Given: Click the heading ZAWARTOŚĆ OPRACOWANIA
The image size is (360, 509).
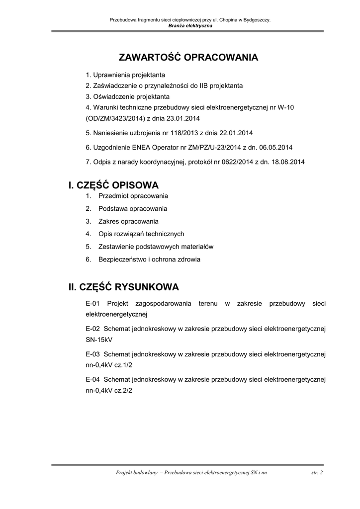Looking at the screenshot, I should tap(188, 57).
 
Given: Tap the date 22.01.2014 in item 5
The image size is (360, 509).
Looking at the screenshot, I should tap(237, 133).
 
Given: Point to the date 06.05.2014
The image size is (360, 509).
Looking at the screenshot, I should tap(275, 147).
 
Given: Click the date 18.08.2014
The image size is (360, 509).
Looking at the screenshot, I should tap(288, 162).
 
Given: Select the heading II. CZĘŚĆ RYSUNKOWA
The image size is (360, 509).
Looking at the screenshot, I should tap(124, 287).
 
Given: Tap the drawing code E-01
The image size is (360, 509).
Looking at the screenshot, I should tap(93, 303).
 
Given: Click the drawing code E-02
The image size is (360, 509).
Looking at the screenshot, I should tap(93, 329).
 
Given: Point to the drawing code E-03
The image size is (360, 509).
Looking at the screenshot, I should tap(93, 354).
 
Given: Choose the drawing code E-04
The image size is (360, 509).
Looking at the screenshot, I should tap(93, 379).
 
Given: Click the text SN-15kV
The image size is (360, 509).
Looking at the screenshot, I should tap(99, 340).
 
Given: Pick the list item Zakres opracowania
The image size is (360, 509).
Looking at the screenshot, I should tap(128, 221).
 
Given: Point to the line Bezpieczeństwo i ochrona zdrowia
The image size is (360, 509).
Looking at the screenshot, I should tap(149, 259).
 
